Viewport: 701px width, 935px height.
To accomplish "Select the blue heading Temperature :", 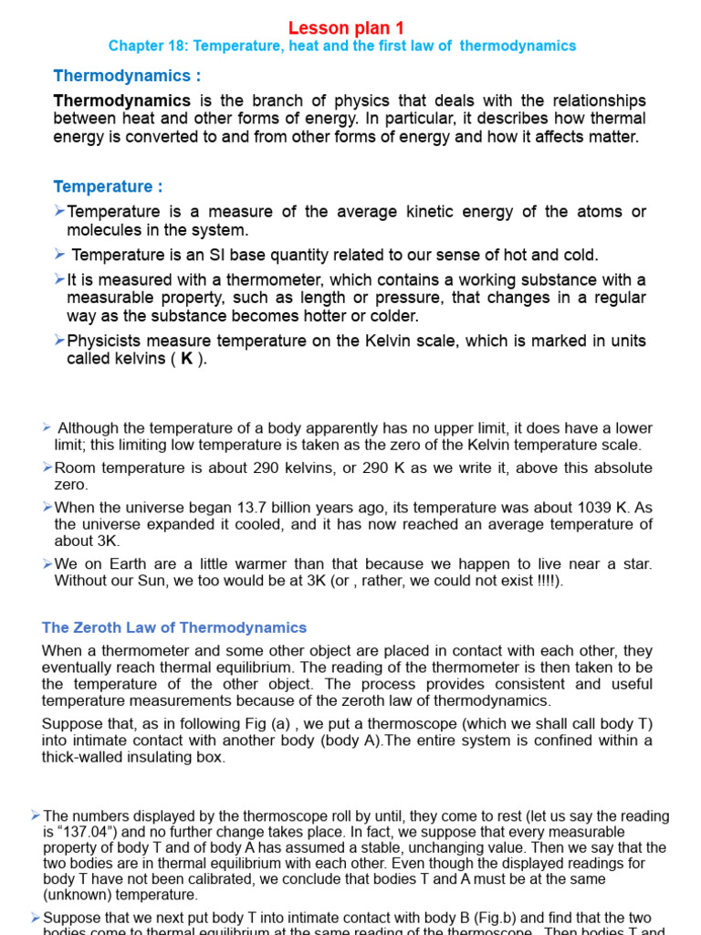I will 108,186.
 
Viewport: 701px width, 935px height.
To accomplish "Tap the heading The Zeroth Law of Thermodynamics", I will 174,627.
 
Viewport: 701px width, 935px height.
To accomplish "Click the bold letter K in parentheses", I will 186,359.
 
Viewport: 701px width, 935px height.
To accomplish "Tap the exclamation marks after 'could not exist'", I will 547,581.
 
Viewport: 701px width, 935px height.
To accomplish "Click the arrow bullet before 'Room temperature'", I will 47,467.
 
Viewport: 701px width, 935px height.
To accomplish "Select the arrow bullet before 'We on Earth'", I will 47,563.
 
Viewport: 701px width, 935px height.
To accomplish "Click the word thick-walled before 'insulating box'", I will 84,757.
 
